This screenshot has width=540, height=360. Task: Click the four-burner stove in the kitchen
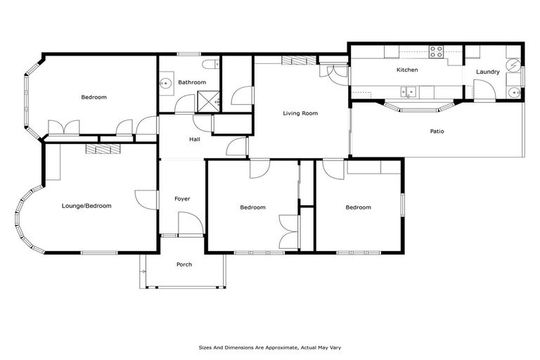(436, 51)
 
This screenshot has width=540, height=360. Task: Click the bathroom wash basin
(166, 84)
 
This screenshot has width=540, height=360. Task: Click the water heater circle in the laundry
(513, 61)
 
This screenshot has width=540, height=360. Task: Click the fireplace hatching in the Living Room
(293, 61)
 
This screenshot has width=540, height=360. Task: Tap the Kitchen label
(407, 70)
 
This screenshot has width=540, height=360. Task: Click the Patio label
(437, 131)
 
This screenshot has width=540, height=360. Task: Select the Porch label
(183, 264)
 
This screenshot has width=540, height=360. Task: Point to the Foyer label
(182, 199)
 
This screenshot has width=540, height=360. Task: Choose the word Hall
(195, 139)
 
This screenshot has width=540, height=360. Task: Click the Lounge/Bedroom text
(86, 206)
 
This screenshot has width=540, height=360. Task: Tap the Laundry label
(487, 72)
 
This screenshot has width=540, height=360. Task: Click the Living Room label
(300, 113)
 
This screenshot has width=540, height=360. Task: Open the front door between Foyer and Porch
(190, 225)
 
